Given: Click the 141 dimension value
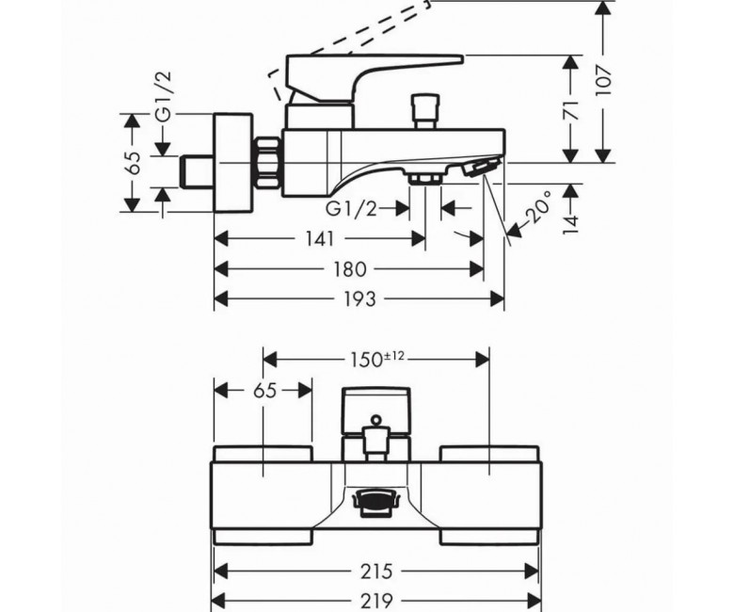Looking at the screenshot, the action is (321, 239).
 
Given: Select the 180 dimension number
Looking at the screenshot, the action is (350, 268).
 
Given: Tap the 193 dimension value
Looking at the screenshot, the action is (359, 298).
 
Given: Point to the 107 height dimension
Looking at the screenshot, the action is (603, 81).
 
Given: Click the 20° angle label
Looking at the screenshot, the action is (538, 206).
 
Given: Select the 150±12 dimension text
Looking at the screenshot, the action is (376, 359).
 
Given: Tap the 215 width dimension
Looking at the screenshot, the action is (376, 571).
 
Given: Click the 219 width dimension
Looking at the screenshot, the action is (376, 600).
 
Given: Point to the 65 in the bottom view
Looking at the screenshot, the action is (265, 390).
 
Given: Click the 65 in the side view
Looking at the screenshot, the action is (135, 163).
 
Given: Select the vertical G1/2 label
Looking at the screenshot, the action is (164, 97).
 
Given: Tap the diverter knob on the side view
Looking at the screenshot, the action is (424, 111).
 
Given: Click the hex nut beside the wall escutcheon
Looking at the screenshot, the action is (267, 163).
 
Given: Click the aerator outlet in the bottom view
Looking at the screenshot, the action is (376, 503).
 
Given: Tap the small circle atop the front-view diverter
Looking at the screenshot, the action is (375, 420).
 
